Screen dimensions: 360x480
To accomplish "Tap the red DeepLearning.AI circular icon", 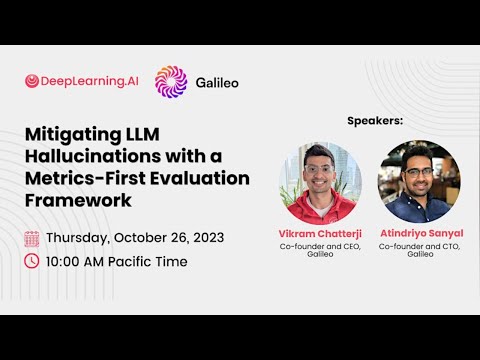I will [x=32, y=81].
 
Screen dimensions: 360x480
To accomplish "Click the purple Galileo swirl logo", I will [x=171, y=81].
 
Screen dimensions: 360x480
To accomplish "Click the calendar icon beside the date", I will [x=32, y=238].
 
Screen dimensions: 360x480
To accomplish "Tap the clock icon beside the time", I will [x=32, y=261].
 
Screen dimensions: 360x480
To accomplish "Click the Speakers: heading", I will [x=375, y=121].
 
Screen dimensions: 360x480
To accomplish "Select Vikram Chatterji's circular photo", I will [x=319, y=182].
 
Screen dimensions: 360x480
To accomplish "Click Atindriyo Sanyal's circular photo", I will [x=418, y=182].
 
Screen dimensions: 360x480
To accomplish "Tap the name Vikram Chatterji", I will [x=319, y=233].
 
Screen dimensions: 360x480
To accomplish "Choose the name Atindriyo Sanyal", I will [x=419, y=233].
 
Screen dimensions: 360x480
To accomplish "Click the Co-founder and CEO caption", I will [x=319, y=245].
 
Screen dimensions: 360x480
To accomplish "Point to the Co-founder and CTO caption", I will [x=419, y=245].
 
